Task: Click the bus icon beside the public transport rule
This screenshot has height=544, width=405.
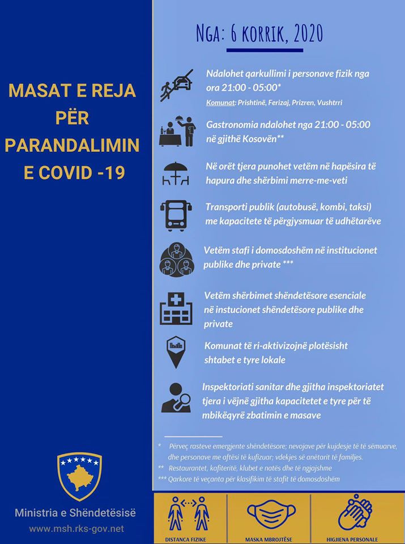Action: [177, 215]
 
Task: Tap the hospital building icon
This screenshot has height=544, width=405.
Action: [177, 308]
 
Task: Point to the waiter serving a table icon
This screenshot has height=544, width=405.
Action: [177, 131]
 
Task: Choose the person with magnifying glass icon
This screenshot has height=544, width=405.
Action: [176, 398]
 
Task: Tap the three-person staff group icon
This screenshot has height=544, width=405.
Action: [177, 260]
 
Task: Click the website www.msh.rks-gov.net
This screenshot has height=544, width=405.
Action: [76, 529]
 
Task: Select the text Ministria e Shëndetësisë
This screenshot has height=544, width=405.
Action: [76, 513]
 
